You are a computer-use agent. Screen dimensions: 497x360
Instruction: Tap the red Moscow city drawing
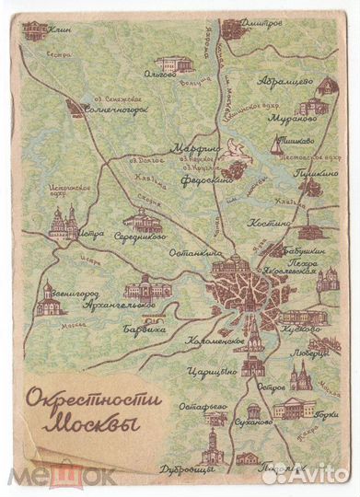(x=238, y=292)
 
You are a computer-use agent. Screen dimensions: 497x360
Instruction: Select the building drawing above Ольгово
(x=175, y=64)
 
